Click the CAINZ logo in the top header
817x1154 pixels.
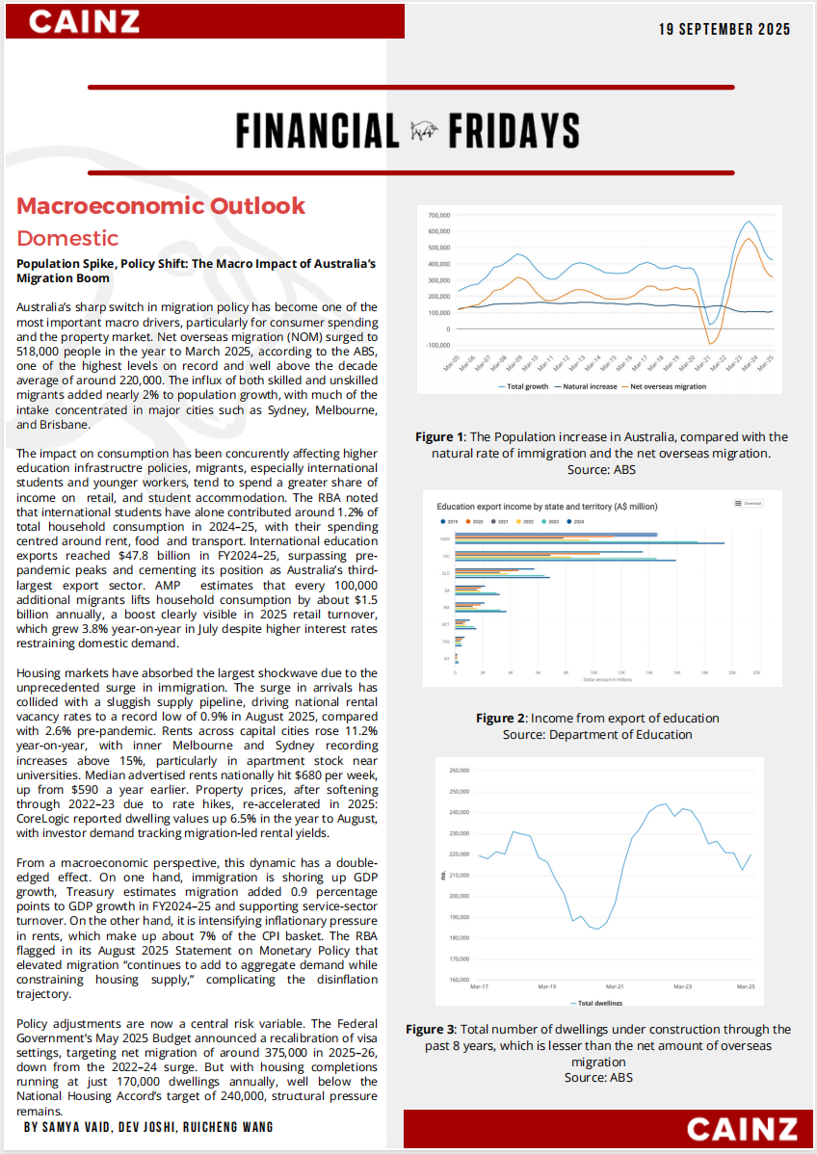pyautogui.click(x=85, y=21)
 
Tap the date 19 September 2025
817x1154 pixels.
pyautogui.click(x=725, y=29)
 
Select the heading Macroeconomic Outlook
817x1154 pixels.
pyautogui.click(x=161, y=205)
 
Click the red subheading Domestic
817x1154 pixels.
pyautogui.click(x=67, y=238)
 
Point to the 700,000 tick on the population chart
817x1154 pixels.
pyautogui.click(x=439, y=215)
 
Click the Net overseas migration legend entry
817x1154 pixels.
pyautogui.click(x=667, y=386)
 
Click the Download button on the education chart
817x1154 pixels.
pyautogui.click(x=749, y=503)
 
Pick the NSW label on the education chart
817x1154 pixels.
pyautogui.click(x=446, y=538)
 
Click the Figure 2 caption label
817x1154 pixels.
pyautogui.click(x=500, y=719)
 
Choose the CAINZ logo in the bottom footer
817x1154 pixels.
pyautogui.click(x=742, y=1129)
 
